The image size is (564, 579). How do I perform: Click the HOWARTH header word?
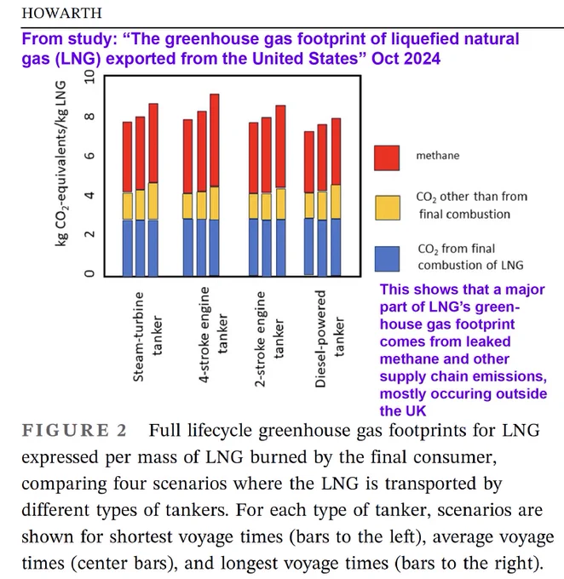point(61,13)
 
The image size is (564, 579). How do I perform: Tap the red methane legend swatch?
point(387,158)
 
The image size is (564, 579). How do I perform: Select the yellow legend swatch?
point(388,208)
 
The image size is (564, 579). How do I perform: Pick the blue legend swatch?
point(387,259)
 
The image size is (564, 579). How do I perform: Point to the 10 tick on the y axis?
point(89,77)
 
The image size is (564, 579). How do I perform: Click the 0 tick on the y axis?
point(89,273)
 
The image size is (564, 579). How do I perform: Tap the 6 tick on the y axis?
point(89,156)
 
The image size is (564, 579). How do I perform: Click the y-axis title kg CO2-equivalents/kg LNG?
point(61,163)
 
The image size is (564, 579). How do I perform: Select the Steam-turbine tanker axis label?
point(147,336)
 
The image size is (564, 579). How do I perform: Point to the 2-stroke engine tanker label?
point(269,339)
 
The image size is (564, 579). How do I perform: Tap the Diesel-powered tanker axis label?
point(330,339)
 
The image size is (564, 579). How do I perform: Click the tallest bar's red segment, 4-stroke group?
point(215,140)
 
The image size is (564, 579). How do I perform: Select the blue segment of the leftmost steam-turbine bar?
point(128,248)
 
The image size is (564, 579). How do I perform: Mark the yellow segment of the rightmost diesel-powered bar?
point(336,202)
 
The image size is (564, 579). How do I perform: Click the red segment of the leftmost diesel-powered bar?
point(309,162)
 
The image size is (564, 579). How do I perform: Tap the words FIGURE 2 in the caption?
point(74,431)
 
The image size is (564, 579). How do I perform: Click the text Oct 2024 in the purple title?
point(406,59)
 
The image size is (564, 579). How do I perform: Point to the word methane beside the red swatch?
point(438,156)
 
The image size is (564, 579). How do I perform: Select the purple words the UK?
point(403,410)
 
